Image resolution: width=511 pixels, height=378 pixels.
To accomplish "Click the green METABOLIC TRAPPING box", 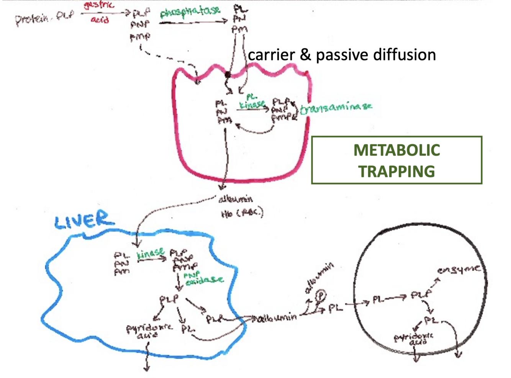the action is coord(396,160).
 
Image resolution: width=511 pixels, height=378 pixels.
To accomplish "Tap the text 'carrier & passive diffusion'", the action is coord(342,55).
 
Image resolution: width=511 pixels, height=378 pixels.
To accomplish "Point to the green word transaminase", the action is coord(336,108).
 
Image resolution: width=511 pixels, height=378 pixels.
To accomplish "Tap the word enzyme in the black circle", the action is coord(458,270).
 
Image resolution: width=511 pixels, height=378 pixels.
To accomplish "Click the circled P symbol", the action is coord(321,296).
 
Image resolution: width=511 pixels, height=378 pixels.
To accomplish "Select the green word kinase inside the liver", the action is coord(151,253).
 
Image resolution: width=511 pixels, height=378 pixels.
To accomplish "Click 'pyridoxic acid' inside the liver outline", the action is coord(149,331).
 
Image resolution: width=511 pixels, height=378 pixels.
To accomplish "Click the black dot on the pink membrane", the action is coord(228,74).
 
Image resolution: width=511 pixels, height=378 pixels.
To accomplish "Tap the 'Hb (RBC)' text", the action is coord(242,213).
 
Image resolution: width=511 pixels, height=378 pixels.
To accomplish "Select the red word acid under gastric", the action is coord(100,19).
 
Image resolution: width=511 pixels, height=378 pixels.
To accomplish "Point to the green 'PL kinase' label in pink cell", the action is coord(252,101).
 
